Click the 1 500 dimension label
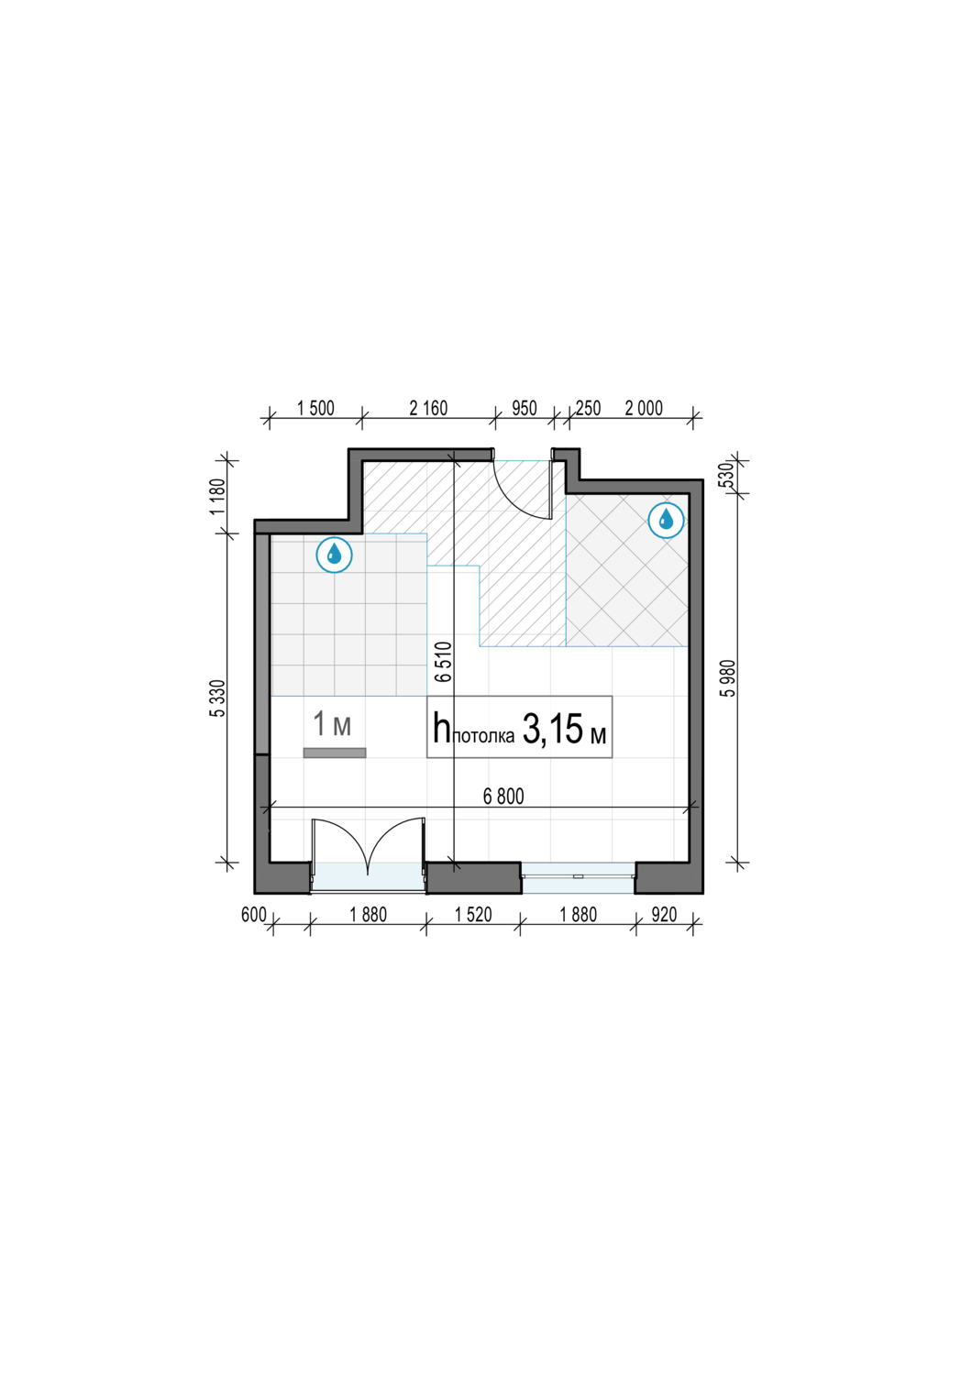coord(315,408)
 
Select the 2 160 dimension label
coord(428,408)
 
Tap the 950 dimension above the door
coord(525,408)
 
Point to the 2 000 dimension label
coord(644,408)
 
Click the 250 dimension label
coord(588,408)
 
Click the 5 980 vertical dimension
coord(728,678)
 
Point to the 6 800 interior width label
coord(503,797)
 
